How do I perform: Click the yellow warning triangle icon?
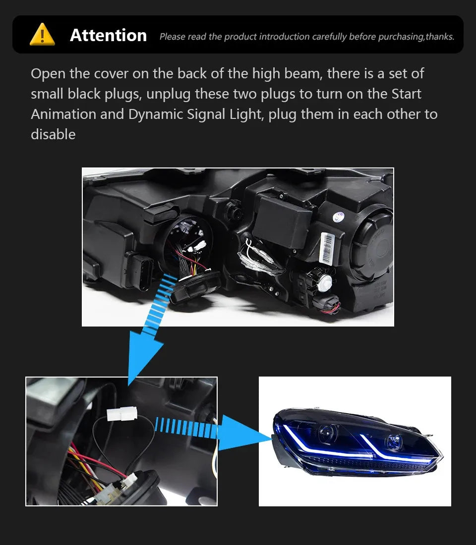(x=42, y=35)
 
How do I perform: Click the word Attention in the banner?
(x=108, y=35)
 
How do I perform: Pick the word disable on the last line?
(x=53, y=134)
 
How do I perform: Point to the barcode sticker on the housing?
(x=327, y=246)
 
